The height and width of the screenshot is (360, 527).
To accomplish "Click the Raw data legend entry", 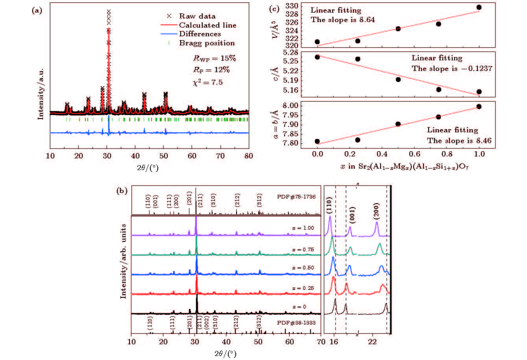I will (x=197, y=16).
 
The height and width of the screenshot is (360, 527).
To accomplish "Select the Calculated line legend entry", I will (x=207, y=25).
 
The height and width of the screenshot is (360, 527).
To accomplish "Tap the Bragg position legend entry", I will (x=207, y=43).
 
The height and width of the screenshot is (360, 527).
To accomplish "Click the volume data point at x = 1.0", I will (x=479, y=7).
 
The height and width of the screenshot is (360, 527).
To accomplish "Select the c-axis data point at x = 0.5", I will (x=398, y=80).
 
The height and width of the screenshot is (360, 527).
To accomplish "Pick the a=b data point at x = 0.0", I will (x=317, y=141).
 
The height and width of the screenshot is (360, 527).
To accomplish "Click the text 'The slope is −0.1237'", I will (x=452, y=69).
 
